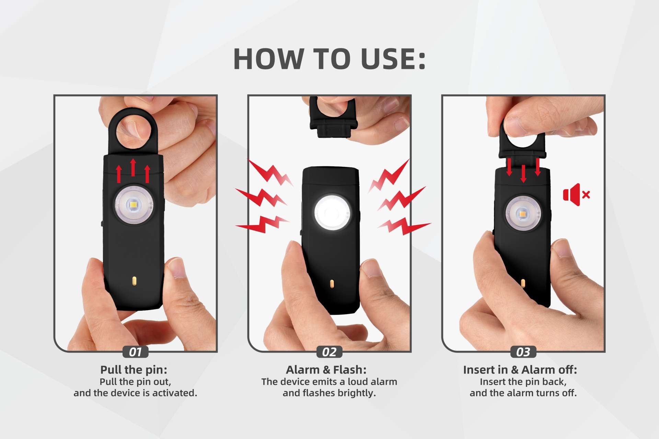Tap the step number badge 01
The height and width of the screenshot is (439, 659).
(136, 352)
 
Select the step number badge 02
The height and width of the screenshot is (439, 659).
(329, 352)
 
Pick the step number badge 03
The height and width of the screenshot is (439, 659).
(523, 352)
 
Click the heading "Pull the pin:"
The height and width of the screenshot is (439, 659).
(134, 370)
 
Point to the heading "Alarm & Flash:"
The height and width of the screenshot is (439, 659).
(326, 370)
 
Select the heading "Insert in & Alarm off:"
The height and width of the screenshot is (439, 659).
(520, 370)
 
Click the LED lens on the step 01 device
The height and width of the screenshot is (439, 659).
(134, 205)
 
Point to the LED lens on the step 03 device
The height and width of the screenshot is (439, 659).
(523, 214)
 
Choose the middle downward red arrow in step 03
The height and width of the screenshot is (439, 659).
(523, 174)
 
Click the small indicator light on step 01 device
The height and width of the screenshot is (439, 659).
(135, 281)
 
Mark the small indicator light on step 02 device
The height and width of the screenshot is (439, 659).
(332, 284)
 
